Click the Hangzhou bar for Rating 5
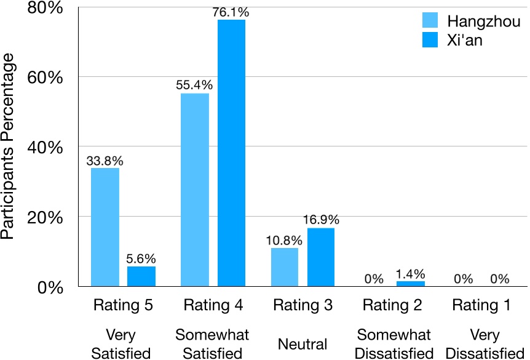click(x=105, y=227)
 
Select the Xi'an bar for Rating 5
click(x=141, y=276)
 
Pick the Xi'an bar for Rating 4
click(x=231, y=153)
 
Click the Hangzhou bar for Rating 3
click(x=284, y=267)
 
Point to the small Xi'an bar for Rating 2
click(x=411, y=284)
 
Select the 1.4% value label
click(x=411, y=274)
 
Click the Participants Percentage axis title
click(x=10, y=146)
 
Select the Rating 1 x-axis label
click(x=481, y=305)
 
